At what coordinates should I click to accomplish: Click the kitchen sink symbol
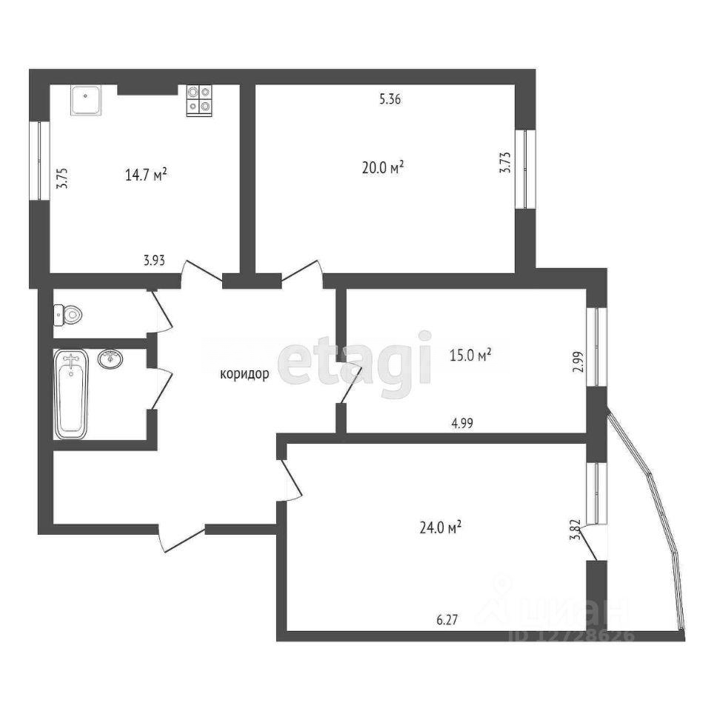pos(85,100)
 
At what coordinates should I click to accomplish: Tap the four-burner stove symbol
pos(199,101)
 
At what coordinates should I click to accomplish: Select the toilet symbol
pos(67,315)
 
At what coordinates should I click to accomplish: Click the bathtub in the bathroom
pos(71,393)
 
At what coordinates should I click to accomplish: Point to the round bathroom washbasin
pos(110,358)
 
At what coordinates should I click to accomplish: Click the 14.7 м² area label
pos(146,175)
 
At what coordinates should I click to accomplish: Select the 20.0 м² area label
pos(383,168)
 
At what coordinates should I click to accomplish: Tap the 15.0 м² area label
pos(470,355)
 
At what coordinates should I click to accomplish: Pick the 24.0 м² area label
pos(440,528)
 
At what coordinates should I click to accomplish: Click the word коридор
pos(244,374)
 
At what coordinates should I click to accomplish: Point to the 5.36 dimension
pos(390,99)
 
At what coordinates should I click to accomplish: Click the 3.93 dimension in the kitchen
pos(154,261)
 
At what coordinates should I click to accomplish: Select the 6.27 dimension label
pos(447,619)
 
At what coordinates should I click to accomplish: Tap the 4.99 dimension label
pos(462,424)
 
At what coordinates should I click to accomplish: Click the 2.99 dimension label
pos(578,362)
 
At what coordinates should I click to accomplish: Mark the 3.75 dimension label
pos(61,178)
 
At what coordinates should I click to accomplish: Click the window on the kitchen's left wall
pos(39,161)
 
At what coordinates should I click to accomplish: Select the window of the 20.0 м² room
pos(525,169)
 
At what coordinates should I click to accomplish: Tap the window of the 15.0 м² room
pos(597,347)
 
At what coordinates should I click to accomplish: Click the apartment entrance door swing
pos(181,539)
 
